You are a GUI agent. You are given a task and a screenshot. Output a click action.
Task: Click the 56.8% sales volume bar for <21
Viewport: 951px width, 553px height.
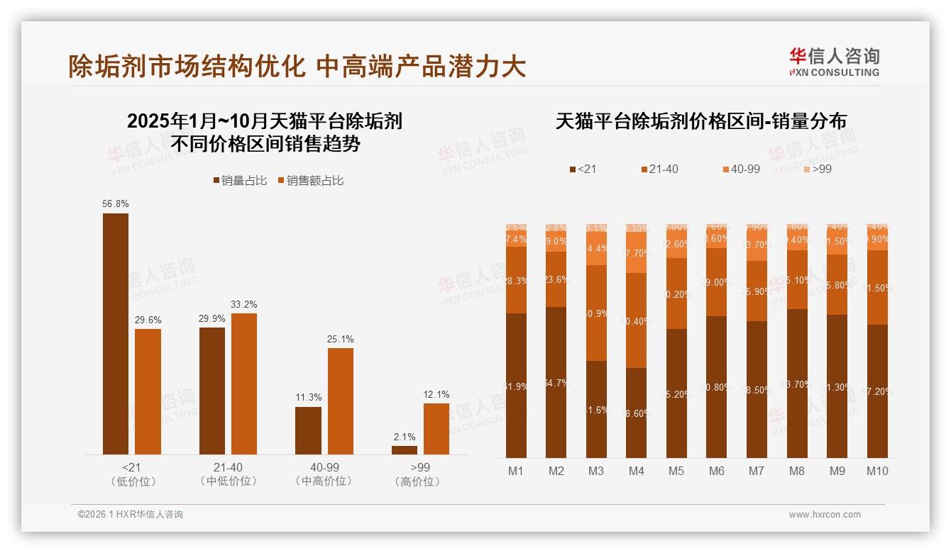[116, 333]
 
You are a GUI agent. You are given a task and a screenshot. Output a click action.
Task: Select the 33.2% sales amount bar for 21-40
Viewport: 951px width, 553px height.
[244, 384]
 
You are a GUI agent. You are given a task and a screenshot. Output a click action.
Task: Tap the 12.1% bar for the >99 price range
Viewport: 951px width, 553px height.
[436, 428]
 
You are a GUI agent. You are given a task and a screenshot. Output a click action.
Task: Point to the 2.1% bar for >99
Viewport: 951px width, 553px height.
[405, 449]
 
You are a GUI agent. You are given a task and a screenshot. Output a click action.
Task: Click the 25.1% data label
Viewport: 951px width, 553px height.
[341, 339]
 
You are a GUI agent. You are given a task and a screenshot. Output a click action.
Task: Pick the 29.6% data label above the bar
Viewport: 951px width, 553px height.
[148, 320]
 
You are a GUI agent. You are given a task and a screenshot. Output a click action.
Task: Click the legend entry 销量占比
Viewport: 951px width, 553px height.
[240, 181]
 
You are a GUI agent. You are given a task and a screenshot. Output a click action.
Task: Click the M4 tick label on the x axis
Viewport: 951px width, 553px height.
[636, 471]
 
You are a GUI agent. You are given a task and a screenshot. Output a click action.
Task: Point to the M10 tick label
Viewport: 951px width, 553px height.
[877, 471]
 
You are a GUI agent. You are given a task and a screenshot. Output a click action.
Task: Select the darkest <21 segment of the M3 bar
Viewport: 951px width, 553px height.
[596, 409]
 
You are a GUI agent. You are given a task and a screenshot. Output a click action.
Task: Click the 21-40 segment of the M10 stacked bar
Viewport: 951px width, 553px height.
[877, 287]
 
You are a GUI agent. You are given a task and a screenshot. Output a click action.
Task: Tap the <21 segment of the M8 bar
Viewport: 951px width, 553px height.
[797, 383]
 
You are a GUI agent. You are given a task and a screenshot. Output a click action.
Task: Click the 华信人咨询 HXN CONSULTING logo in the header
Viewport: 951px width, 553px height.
[834, 62]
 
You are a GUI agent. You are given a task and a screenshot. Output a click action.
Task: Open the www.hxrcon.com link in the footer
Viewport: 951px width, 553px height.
[825, 515]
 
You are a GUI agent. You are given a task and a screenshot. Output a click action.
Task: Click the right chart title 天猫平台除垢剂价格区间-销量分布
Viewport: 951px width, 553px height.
[700, 121]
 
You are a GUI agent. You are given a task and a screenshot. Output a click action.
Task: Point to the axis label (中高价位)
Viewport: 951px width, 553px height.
[324, 481]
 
